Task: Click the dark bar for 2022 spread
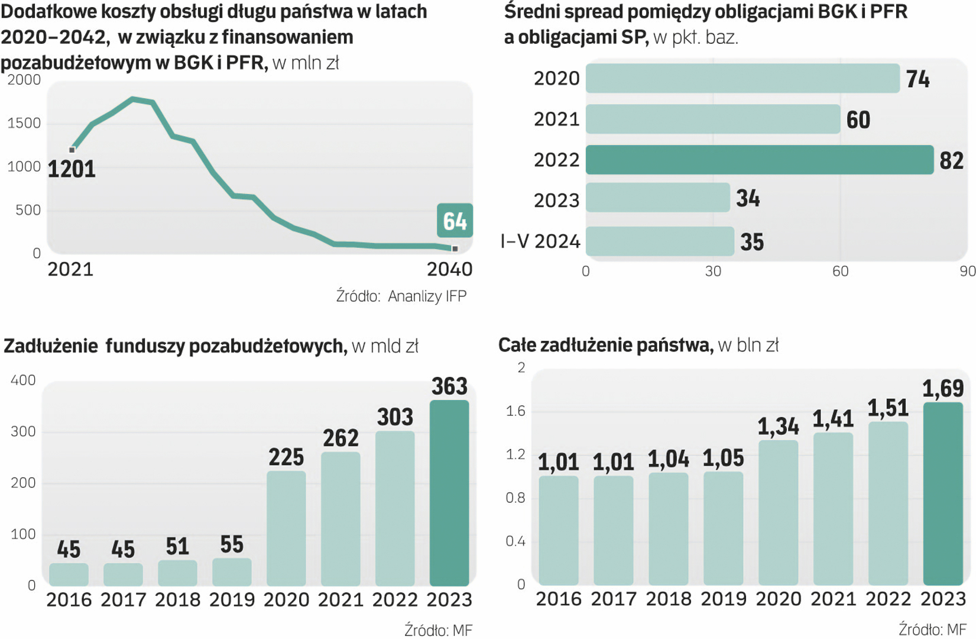pos(759,160)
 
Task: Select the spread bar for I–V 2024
pos(659,241)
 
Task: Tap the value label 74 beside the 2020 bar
pos(917,79)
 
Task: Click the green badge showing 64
pos(455,221)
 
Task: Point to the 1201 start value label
pos(72,169)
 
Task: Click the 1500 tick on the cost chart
pos(24,123)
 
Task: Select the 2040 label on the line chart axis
pos(449,270)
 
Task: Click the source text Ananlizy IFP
pos(427,296)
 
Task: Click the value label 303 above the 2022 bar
pos(395,417)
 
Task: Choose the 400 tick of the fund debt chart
pos(24,380)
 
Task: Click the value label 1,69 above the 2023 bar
pos(943,389)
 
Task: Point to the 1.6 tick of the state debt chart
pos(515,411)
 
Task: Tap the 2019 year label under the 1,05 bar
pos(724,599)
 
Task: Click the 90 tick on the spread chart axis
pos(968,271)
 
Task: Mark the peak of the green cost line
pos(133,99)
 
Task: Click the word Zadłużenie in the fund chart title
pos(51,346)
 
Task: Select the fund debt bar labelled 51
pos(177,573)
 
